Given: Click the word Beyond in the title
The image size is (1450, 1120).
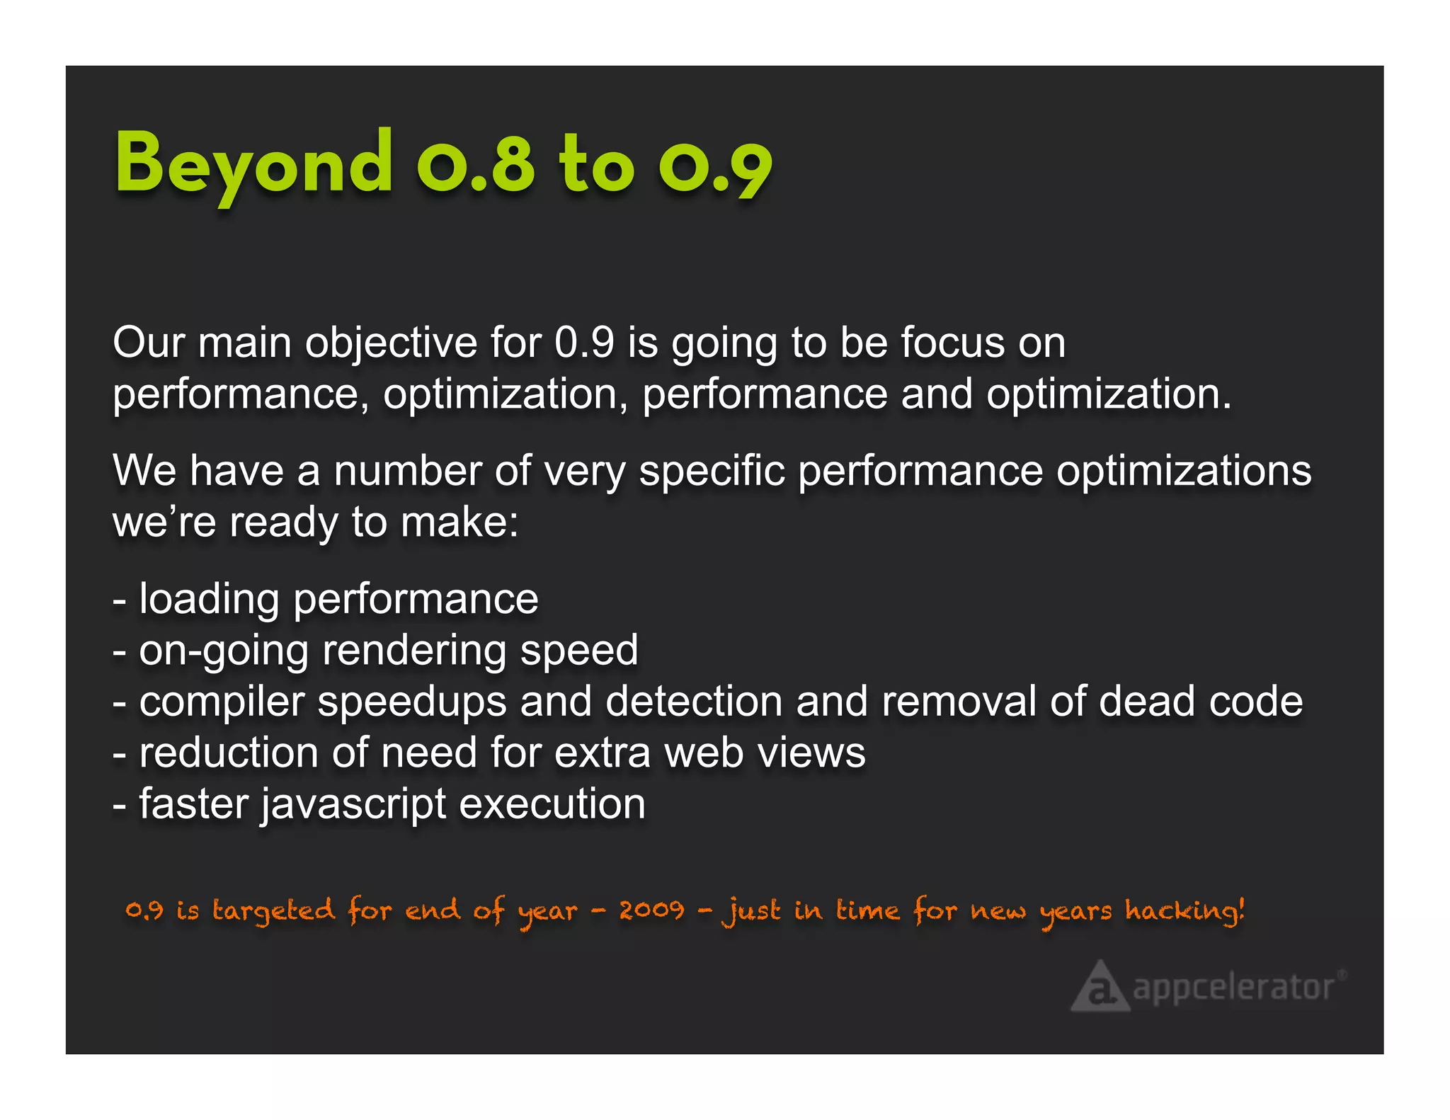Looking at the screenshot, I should tap(253, 165).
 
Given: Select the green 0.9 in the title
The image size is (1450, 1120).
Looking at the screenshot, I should tap(715, 167).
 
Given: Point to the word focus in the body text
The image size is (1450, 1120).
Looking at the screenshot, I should tap(952, 343).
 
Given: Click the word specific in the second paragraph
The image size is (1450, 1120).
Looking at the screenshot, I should tap(712, 471).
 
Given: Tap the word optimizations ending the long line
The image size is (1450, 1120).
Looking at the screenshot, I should tap(1184, 472).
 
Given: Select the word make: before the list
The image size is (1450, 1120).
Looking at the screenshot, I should tap(459, 522).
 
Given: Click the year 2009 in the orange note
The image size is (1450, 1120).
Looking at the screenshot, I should tap(651, 910).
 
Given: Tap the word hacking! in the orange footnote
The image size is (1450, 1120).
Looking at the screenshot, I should tap(1184, 910).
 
